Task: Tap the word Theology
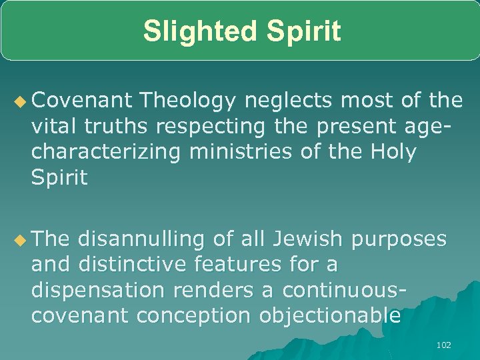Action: tap(189, 101)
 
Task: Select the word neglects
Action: tap(291, 101)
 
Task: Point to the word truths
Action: tap(114, 127)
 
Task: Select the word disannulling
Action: tap(144, 239)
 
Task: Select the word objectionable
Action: tap(330, 316)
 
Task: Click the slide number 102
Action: tap(443, 345)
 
